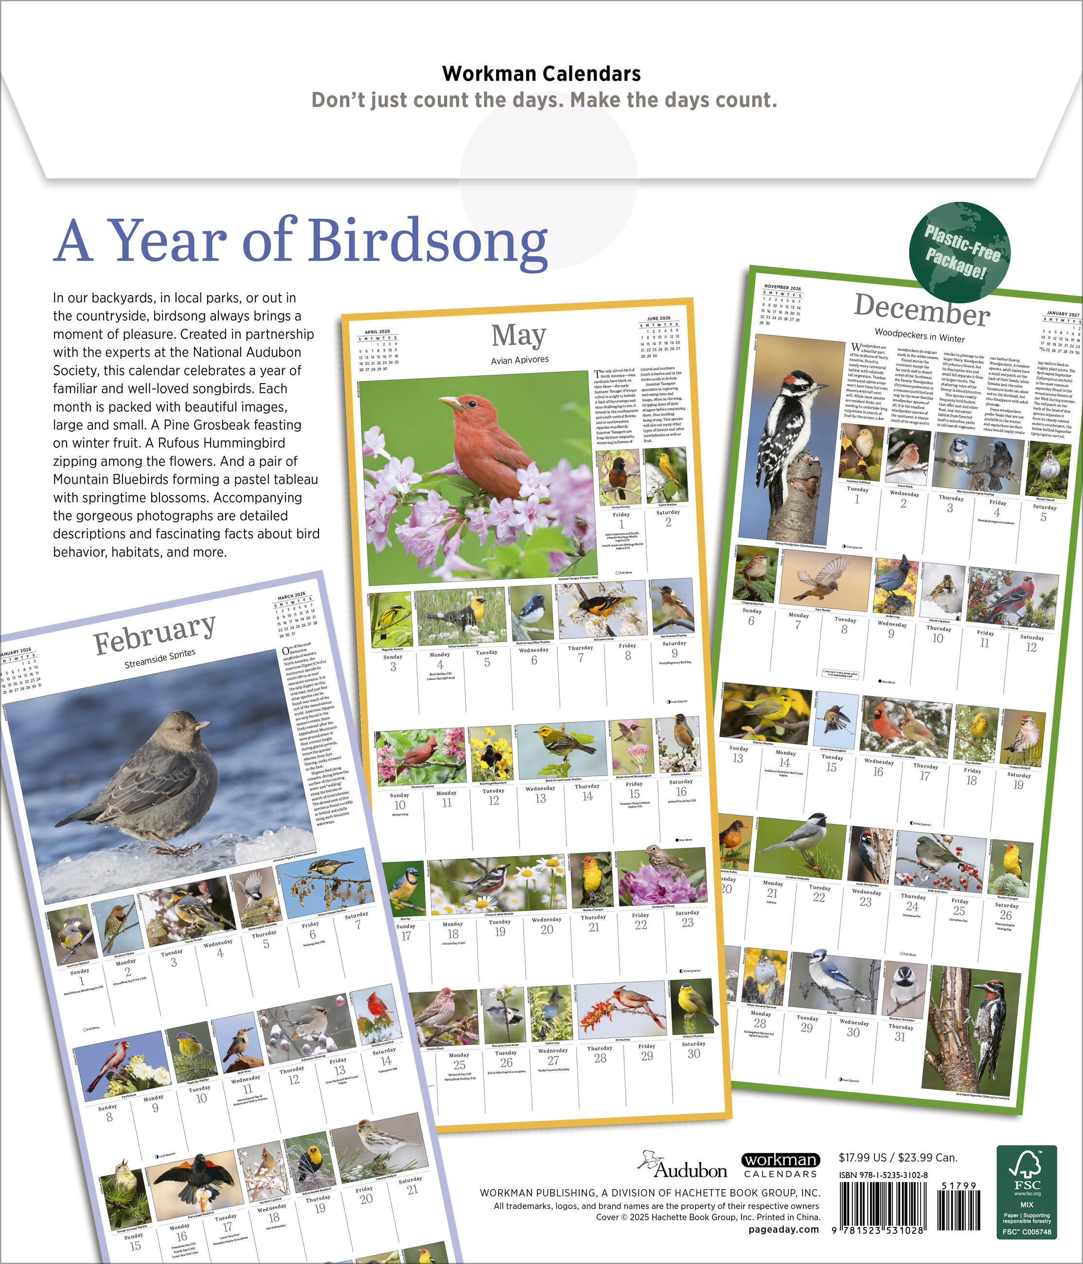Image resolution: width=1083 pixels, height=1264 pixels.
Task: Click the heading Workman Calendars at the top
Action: pyautogui.click(x=541, y=74)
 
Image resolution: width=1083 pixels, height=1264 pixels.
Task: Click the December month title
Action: pyautogui.click(x=922, y=309)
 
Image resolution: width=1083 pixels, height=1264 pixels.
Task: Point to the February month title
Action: pyautogui.click(x=154, y=634)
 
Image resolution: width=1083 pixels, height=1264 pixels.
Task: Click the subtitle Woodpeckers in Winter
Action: pyautogui.click(x=920, y=335)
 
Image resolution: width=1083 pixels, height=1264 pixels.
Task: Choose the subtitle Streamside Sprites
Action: pyautogui.click(x=160, y=658)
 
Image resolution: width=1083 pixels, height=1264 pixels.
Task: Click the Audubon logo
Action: pyautogui.click(x=683, y=1166)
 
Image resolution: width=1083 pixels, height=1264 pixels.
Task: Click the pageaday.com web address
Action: pyautogui.click(x=783, y=1229)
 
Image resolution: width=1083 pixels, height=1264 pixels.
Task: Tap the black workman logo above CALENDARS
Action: pyautogui.click(x=781, y=1159)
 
